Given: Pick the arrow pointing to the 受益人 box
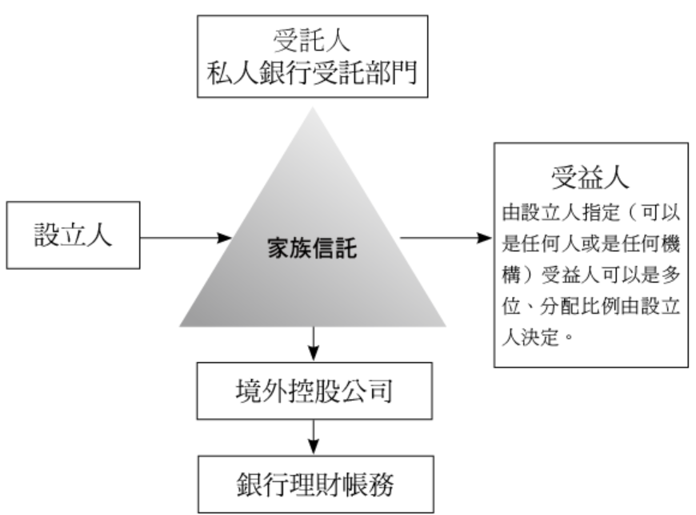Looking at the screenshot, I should point(445,238).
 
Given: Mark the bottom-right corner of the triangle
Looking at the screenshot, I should point(446,325).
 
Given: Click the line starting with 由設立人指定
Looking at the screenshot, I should point(590,214).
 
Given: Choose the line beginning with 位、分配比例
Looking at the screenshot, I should point(590,307).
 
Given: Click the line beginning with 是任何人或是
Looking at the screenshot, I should point(590,244).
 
